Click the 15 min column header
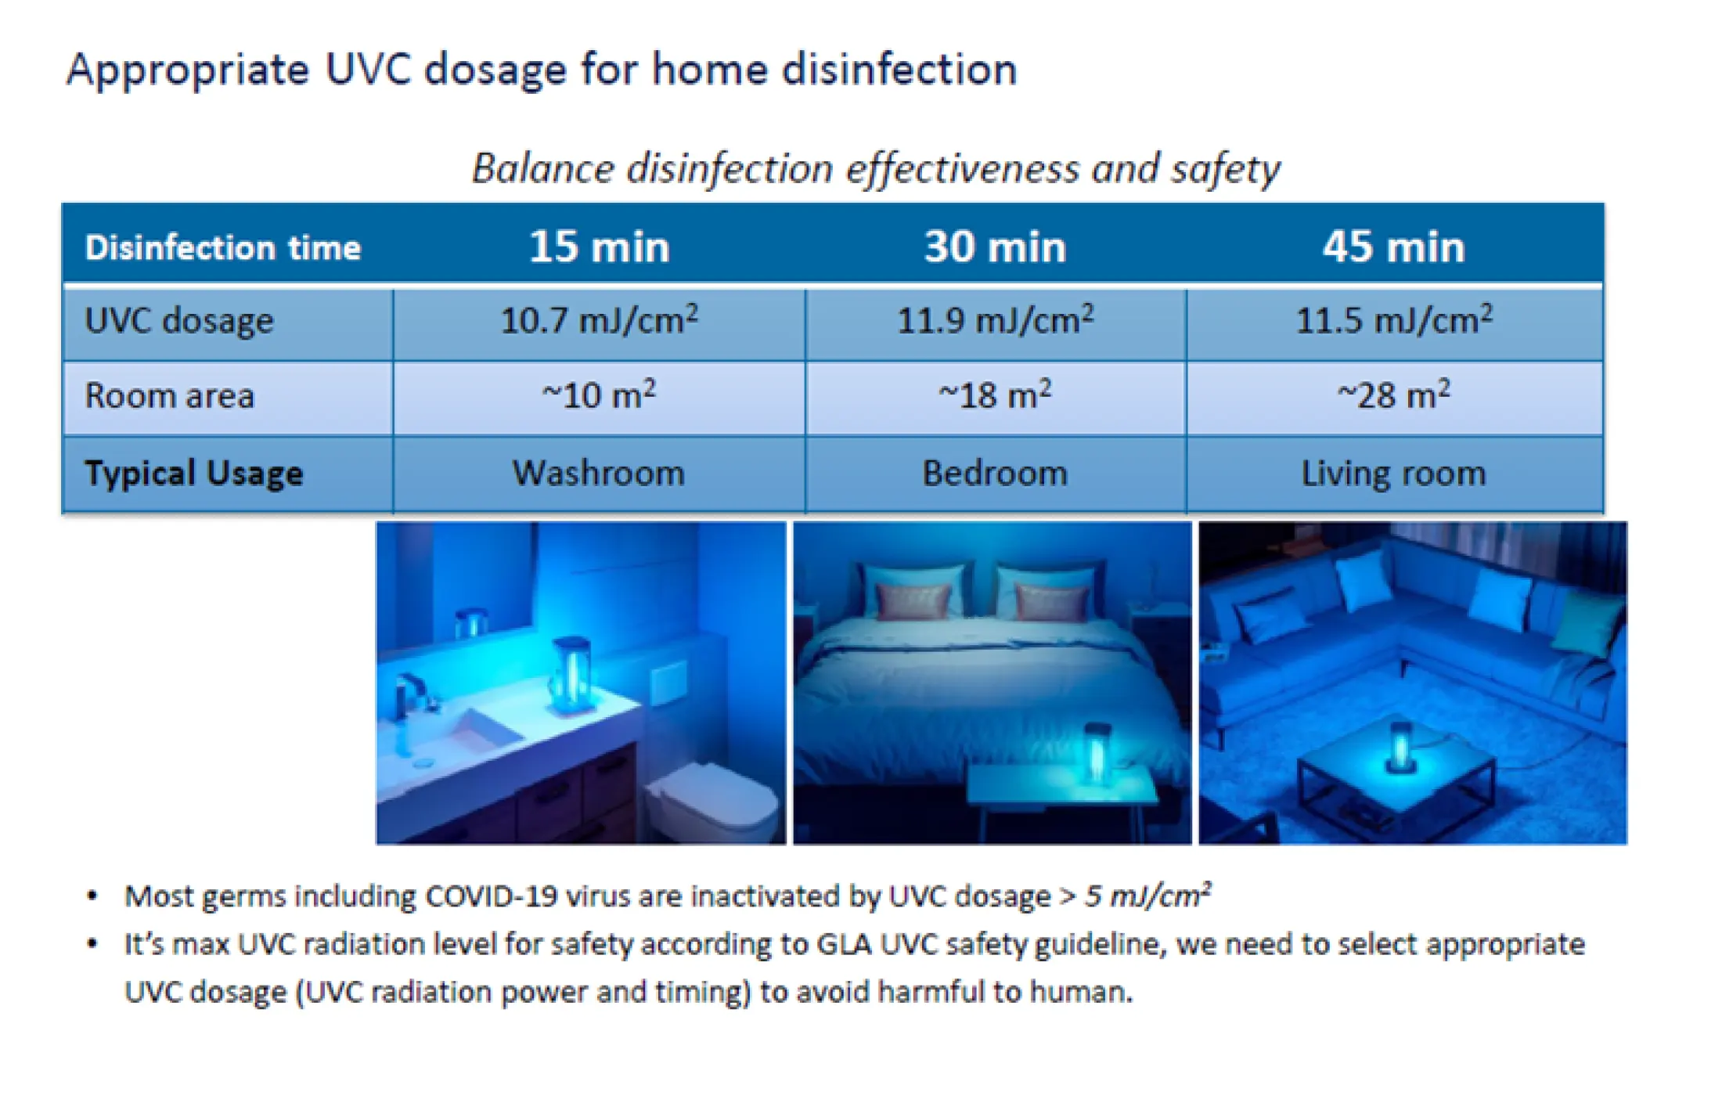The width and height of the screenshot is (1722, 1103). (x=600, y=247)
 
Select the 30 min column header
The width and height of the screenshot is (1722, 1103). (x=995, y=247)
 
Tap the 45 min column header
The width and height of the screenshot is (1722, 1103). (x=1394, y=247)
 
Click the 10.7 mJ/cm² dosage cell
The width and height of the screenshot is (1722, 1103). (x=600, y=320)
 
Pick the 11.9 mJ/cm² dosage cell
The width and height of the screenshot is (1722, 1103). (x=996, y=320)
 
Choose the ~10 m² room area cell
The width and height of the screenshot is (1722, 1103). (x=600, y=395)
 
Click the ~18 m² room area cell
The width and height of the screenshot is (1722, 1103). (x=996, y=395)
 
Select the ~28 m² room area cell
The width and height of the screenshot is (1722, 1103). (x=1394, y=395)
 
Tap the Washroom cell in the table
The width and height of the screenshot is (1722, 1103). (x=599, y=473)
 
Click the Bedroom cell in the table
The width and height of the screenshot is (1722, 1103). (x=995, y=473)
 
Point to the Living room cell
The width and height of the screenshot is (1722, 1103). (x=1394, y=474)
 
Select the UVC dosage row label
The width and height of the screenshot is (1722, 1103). (x=179, y=321)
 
